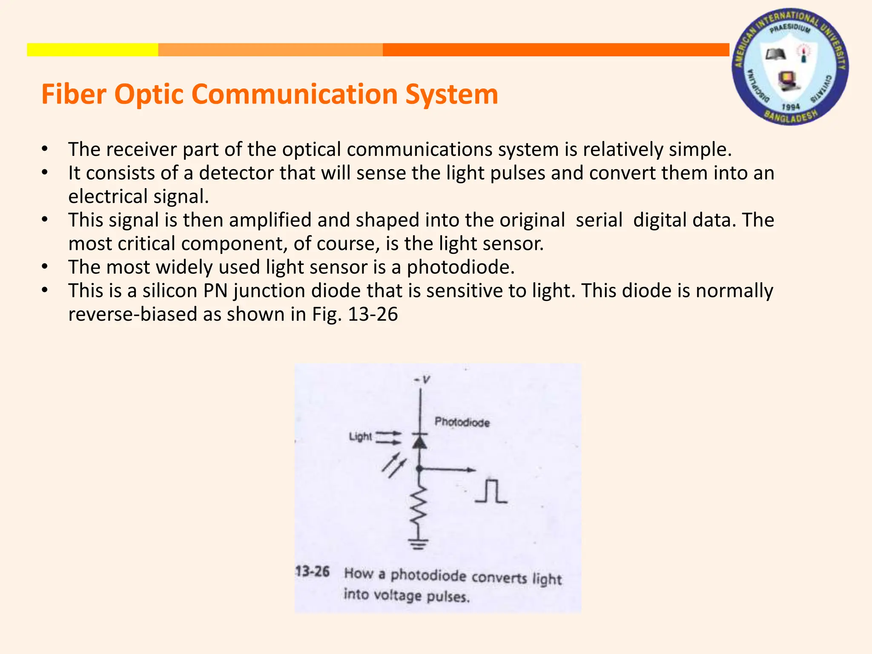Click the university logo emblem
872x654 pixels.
tap(790, 67)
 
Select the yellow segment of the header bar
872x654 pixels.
tap(92, 50)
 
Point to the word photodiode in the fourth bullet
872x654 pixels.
tap(460, 267)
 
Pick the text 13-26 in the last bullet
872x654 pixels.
tap(373, 314)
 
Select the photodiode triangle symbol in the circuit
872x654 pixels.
tap(419, 442)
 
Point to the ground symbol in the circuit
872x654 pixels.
tap(419, 544)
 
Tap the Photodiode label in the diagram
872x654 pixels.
tap(462, 422)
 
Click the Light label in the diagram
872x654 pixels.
tap(360, 437)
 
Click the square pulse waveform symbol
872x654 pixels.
tap(491, 491)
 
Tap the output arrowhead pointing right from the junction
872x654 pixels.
tap(471, 470)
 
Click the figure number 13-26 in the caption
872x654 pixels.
tap(313, 571)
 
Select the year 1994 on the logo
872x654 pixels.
tap(791, 106)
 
